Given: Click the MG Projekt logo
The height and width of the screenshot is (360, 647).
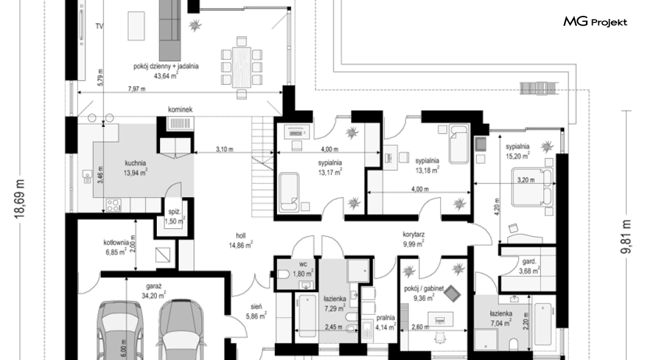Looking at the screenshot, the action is click(x=595, y=21).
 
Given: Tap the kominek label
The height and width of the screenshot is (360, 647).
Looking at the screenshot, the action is click(x=180, y=110).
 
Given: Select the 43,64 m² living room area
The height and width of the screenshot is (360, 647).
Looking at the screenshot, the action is click(x=166, y=76).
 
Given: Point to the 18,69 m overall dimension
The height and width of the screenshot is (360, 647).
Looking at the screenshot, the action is click(x=20, y=199).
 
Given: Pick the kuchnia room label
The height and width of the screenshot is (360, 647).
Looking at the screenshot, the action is click(x=136, y=164).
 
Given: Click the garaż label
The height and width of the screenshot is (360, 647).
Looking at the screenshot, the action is click(x=153, y=286).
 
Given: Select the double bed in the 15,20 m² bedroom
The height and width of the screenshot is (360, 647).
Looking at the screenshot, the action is click(x=532, y=186).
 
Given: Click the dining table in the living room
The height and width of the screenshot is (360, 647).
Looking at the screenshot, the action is click(x=241, y=67).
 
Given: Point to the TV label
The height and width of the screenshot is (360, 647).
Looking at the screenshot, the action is click(x=99, y=26).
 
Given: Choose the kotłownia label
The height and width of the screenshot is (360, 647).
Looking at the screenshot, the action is click(x=116, y=242).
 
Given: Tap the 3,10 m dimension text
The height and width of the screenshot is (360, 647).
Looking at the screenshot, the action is click(x=225, y=149).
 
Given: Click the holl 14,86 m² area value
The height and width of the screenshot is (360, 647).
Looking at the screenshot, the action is click(x=240, y=245).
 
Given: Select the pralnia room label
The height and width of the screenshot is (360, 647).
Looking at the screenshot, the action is click(x=385, y=318).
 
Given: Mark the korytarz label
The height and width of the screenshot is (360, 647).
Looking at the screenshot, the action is click(x=414, y=235).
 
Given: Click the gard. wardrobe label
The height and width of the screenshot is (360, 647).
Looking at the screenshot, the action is click(x=529, y=261).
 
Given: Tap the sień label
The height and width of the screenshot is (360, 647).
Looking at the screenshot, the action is click(x=256, y=307).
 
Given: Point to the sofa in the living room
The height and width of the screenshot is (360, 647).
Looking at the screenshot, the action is click(x=170, y=30).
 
